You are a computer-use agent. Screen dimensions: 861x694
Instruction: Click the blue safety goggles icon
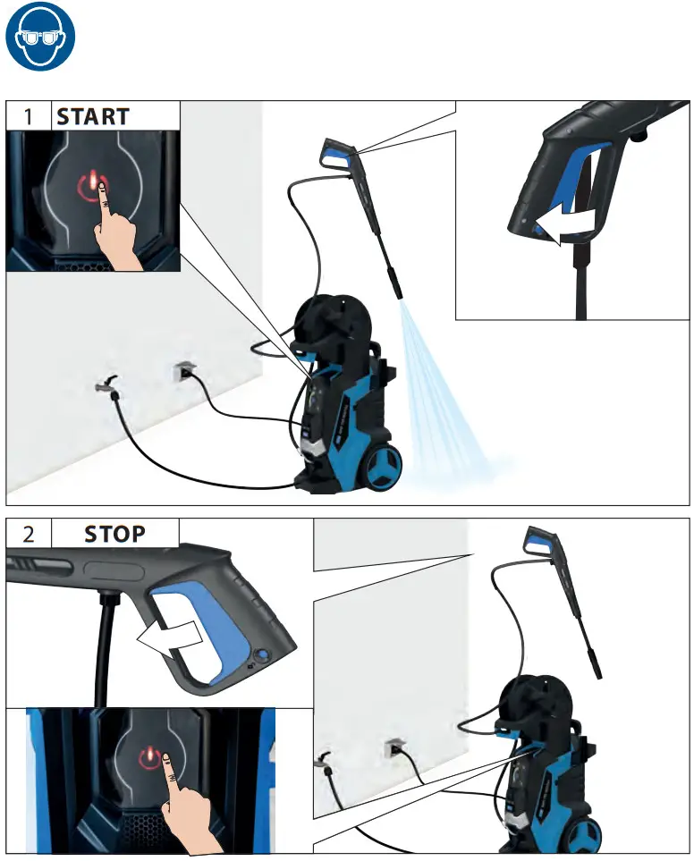tap(40, 38)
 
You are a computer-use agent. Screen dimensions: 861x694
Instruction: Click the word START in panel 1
tap(93, 116)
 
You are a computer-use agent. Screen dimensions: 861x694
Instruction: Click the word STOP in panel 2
tap(114, 535)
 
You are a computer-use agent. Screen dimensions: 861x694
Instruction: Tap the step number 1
tap(29, 116)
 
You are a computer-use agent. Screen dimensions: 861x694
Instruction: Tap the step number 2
tap(29, 535)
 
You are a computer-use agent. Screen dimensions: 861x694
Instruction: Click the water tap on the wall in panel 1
tap(105, 385)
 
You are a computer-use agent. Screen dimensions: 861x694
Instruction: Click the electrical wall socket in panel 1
tap(183, 369)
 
